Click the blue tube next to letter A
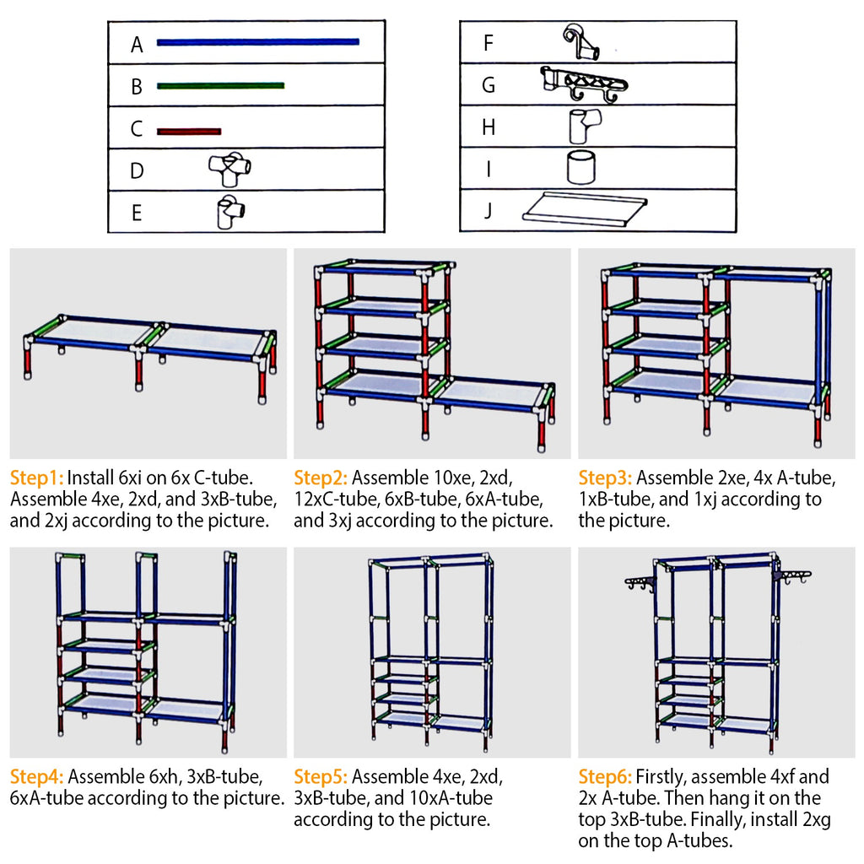(x=257, y=41)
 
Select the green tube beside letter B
(x=220, y=85)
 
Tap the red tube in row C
(x=188, y=131)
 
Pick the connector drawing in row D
(x=230, y=170)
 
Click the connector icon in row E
(x=229, y=213)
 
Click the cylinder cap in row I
(x=581, y=167)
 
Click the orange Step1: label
(x=36, y=477)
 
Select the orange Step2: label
(x=321, y=477)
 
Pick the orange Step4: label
(x=36, y=776)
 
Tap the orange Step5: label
(x=321, y=776)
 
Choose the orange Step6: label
(x=605, y=776)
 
